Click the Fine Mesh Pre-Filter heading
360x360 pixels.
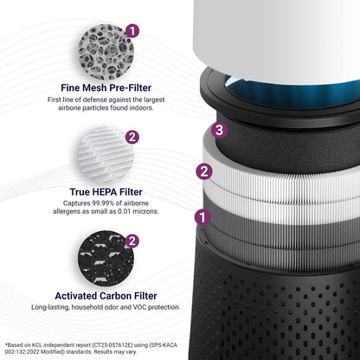pyautogui.click(x=106, y=87)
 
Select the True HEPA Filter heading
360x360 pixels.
pyautogui.click(x=106, y=192)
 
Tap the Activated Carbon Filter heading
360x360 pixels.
pyautogui.click(x=106, y=296)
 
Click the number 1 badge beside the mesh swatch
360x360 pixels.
pyautogui.click(x=132, y=31)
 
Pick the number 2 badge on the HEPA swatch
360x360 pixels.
pyautogui.click(x=132, y=138)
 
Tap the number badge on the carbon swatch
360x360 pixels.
pyautogui.click(x=132, y=241)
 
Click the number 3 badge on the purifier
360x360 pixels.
pyautogui.click(x=219, y=130)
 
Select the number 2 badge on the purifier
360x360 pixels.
pyautogui.click(x=204, y=171)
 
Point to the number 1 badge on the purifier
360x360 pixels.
pyautogui.click(x=202, y=217)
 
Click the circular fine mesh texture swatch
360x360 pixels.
pyautogui.click(x=106, y=52)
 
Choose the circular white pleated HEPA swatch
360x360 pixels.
pyautogui.click(x=106, y=155)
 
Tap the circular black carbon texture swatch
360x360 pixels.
pyautogui.click(x=106, y=259)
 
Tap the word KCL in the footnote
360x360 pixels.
pyautogui.click(x=37, y=345)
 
